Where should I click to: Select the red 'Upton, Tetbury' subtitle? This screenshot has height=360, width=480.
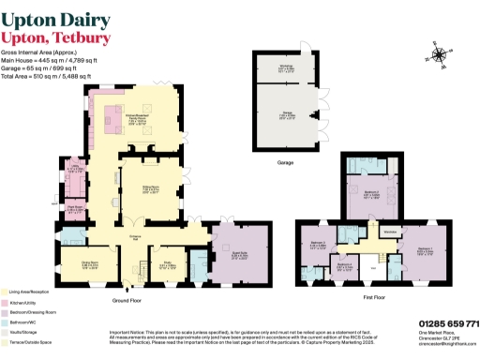57,37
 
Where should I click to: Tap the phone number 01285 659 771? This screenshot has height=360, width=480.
447,323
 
